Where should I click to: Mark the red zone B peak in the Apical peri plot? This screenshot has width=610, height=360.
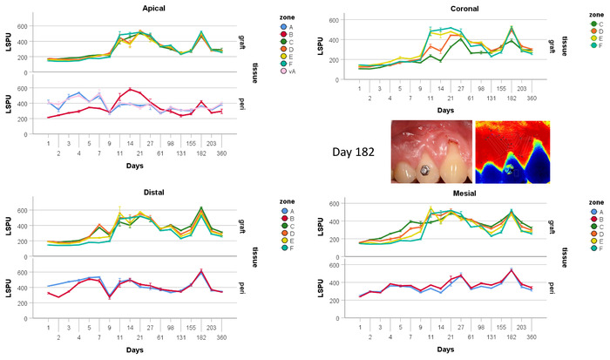131,89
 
